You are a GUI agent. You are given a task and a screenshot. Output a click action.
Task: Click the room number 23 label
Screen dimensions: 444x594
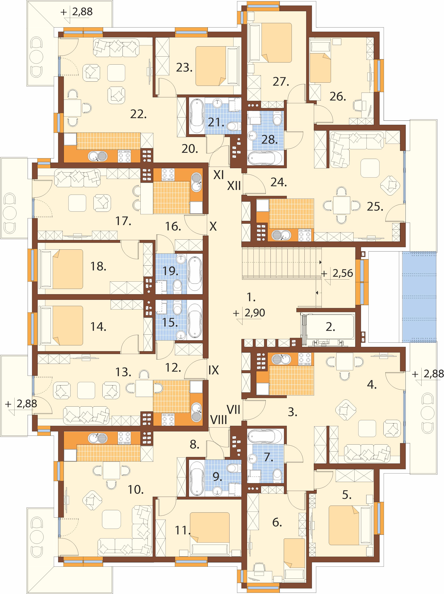coord(184,68)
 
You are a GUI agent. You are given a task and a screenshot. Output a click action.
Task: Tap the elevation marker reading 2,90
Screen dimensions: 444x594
coord(255,313)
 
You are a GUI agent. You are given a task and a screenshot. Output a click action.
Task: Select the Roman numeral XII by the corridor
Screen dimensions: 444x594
coord(234,186)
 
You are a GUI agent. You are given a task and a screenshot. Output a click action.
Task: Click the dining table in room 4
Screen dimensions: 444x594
coord(345,361)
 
